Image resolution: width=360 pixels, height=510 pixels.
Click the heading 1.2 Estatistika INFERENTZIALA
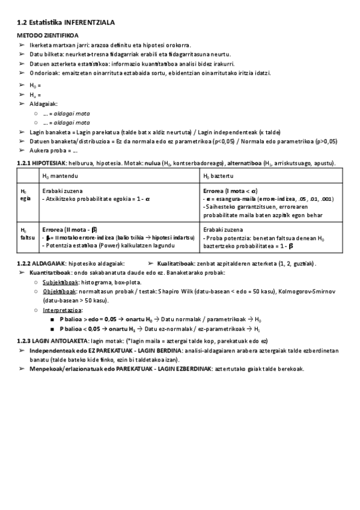coord(66,22)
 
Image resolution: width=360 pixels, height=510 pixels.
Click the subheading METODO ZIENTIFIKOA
coord(44,35)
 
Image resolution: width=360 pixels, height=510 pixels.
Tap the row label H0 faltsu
coord(25,233)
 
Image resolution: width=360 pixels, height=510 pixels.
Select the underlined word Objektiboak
coord(58,290)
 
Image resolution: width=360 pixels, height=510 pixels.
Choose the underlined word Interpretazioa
coord(62,310)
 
